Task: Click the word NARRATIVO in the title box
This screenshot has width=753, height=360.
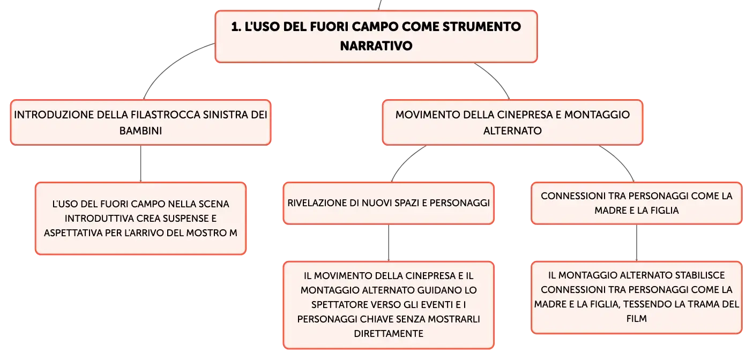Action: [x=376, y=46]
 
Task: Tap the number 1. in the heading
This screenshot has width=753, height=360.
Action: [x=236, y=27]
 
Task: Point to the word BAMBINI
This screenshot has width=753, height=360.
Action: [x=140, y=131]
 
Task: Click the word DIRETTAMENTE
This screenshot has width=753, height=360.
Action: [x=389, y=333]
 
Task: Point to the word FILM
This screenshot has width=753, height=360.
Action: [x=636, y=318]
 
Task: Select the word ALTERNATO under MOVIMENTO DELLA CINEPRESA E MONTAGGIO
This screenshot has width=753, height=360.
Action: [x=512, y=131]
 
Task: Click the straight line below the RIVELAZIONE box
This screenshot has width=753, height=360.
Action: [x=389, y=243]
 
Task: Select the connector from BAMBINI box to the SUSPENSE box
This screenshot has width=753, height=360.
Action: [x=140, y=164]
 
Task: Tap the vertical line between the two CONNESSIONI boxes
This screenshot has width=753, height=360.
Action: [x=636, y=243]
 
